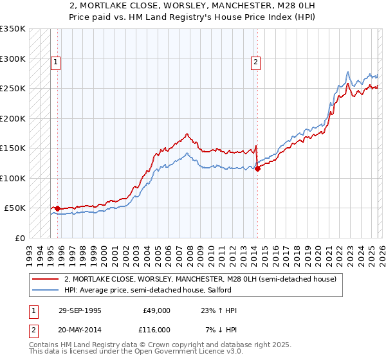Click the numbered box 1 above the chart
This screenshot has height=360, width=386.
57,62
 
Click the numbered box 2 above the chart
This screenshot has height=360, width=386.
256,62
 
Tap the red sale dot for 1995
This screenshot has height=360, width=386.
58,208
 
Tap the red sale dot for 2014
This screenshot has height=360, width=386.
257,169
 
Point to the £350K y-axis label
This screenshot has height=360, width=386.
13,29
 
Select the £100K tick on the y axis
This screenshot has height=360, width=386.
13,178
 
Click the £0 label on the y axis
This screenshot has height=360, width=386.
19,238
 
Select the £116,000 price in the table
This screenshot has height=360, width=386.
156,329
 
